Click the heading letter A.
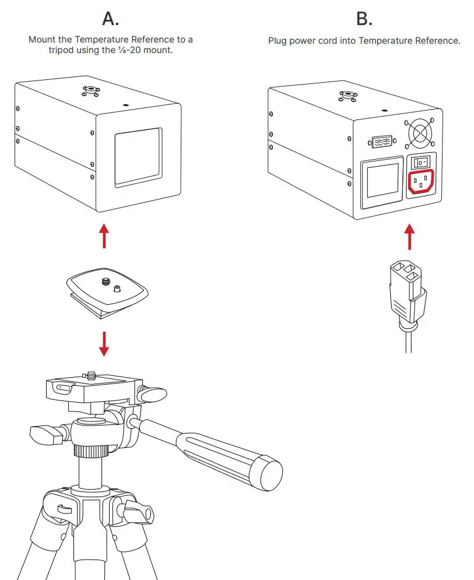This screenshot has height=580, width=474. click(x=111, y=19)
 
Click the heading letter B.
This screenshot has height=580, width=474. click(x=364, y=19)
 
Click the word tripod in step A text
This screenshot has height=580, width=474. click(x=61, y=50)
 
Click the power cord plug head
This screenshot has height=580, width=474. click(x=406, y=289)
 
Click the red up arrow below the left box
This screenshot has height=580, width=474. click(x=104, y=235)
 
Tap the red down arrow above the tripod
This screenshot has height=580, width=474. click(x=104, y=343)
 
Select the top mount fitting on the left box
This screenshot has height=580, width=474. click(x=90, y=90)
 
